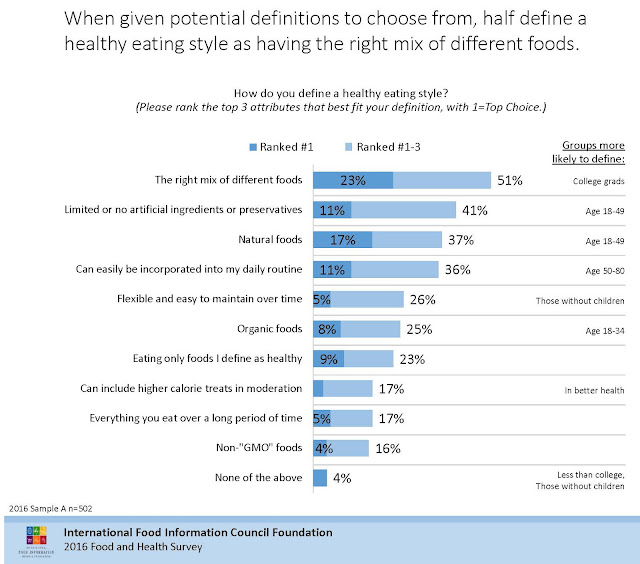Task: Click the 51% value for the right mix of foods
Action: click(510, 181)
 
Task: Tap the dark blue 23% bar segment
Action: click(352, 181)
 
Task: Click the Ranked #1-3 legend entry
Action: click(386, 146)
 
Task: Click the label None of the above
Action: click(259, 478)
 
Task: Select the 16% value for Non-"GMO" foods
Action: click(387, 449)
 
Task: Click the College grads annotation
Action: click(597, 182)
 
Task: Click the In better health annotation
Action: click(596, 389)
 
